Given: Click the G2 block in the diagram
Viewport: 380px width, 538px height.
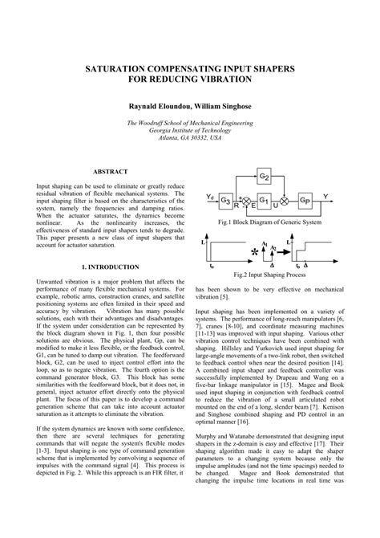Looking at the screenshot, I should coord(265,174).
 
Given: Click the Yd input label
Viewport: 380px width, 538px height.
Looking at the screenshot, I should coord(209,195).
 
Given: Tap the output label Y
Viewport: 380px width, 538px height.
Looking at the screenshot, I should coord(325,194).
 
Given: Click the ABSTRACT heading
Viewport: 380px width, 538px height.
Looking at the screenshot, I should coord(111,172).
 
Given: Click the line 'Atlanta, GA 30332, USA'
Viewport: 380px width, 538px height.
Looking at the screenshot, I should coord(189,137).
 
